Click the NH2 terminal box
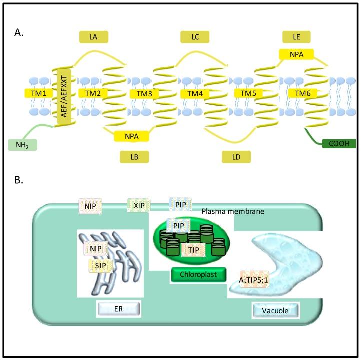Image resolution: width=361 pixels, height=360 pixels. [x=22, y=145]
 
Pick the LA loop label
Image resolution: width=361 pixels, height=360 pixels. [x=94, y=36]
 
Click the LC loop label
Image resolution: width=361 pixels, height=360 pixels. [x=196, y=36]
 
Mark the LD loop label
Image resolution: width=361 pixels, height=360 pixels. [x=237, y=157]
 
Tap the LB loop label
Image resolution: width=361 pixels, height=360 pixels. [x=134, y=157]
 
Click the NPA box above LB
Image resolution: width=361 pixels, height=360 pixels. [x=131, y=135]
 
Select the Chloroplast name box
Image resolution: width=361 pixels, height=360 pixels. [x=197, y=274]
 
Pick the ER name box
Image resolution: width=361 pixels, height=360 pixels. [x=119, y=307]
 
